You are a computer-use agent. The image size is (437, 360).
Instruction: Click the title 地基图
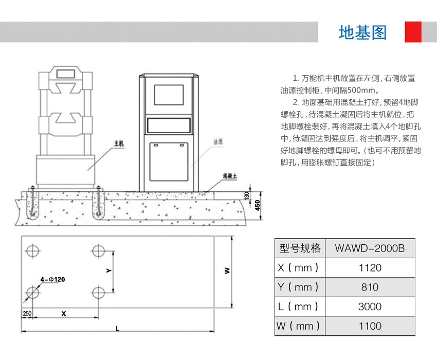click(x=362, y=32)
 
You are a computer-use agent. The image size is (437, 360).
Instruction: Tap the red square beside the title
click(x=413, y=32)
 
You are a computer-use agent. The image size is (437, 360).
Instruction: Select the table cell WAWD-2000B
click(x=370, y=248)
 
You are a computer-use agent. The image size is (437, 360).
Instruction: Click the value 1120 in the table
click(x=370, y=267)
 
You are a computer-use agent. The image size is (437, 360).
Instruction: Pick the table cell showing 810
click(x=370, y=287)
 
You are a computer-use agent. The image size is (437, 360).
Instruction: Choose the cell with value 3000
click(x=370, y=307)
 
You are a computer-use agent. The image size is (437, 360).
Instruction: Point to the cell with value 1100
click(x=370, y=326)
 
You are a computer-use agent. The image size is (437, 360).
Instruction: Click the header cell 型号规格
click(x=300, y=248)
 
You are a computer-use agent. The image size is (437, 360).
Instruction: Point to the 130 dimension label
click(x=247, y=196)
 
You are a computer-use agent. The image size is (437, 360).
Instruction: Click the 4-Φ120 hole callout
click(x=53, y=279)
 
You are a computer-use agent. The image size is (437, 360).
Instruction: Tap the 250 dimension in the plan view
click(x=27, y=313)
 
